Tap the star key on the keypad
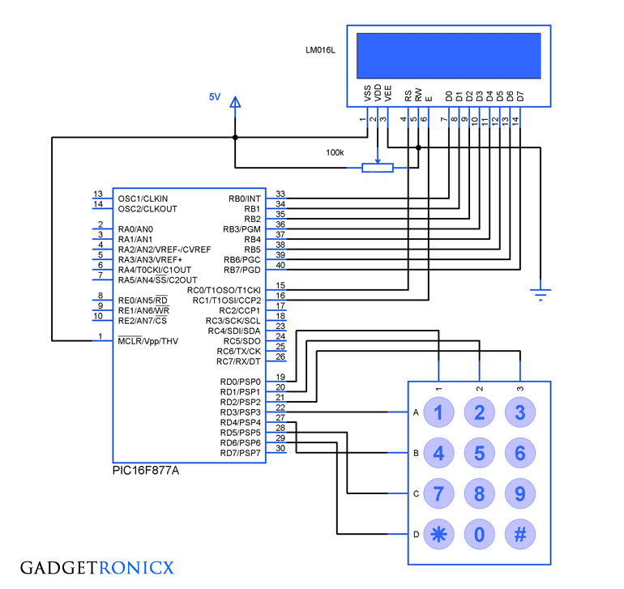(x=438, y=534)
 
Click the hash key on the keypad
(x=519, y=534)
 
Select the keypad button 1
(x=438, y=412)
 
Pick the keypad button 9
(x=519, y=493)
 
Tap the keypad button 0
(x=479, y=534)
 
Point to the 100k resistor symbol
(x=377, y=168)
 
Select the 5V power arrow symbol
(x=235, y=104)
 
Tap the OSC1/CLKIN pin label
(x=143, y=198)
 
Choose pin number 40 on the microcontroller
(x=280, y=265)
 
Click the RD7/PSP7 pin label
(x=240, y=452)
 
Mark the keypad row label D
(x=416, y=534)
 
